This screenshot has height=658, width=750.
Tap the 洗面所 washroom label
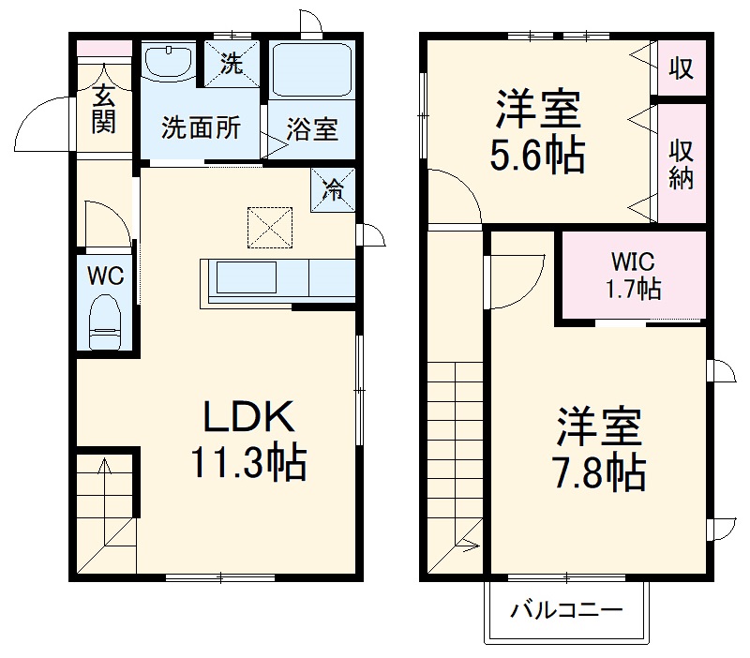201,128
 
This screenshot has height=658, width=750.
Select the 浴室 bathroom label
312,128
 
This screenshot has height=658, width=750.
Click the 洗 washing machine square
231,64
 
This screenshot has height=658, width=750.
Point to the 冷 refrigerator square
333,188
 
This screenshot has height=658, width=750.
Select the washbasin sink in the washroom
169,64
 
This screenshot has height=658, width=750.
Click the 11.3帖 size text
249,461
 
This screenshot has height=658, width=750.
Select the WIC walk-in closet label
632,260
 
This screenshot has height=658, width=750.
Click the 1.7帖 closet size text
632,289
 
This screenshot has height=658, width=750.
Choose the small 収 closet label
681,68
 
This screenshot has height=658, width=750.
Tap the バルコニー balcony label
565,611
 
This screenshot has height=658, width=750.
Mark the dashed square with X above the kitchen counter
270,227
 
